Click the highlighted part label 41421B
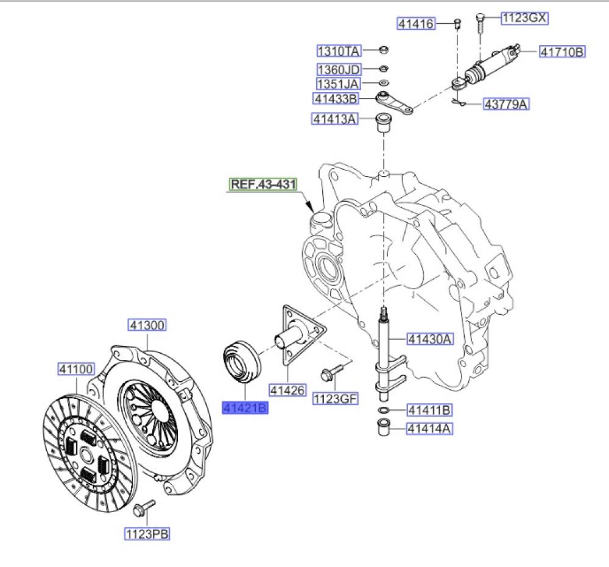click(x=245, y=408)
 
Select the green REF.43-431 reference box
click(x=263, y=184)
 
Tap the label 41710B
click(x=562, y=52)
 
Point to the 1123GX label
click(x=524, y=18)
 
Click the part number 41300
click(x=147, y=325)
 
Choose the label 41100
click(x=76, y=369)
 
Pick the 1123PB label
click(x=147, y=534)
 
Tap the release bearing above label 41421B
click(x=242, y=362)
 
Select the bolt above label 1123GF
click(x=332, y=372)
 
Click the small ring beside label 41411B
click(x=384, y=410)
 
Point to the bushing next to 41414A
click(x=384, y=428)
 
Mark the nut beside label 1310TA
click(x=383, y=50)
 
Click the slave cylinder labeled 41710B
click(x=487, y=66)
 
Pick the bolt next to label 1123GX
click(x=481, y=24)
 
